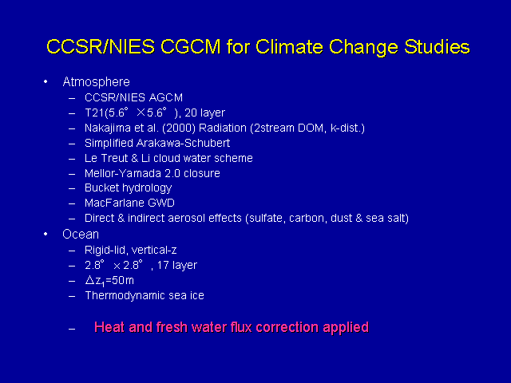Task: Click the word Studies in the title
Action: pyautogui.click(x=437, y=48)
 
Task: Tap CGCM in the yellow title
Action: pyautogui.click(x=191, y=46)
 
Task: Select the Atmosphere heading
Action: pyautogui.click(x=96, y=81)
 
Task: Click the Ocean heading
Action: pyautogui.click(x=81, y=235)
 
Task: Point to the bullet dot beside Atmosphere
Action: pyautogui.click(x=46, y=81)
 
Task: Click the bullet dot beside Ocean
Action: pyautogui.click(x=46, y=234)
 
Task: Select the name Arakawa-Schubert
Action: pyautogui.click(x=183, y=143)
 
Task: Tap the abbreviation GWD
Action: pyautogui.click(x=161, y=203)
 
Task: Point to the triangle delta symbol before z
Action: pyautogui.click(x=89, y=280)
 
